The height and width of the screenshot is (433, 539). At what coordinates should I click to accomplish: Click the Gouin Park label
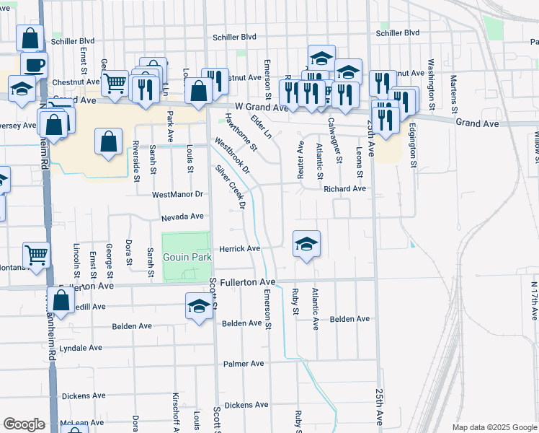coord(185,258)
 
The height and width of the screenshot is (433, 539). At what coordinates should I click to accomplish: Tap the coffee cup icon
coord(34,66)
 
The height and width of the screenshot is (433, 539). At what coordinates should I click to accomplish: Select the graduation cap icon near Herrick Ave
coord(306,244)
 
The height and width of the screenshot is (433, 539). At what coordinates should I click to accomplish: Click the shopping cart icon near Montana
coord(36,254)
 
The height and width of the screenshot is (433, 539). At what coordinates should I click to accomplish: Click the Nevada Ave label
coord(182,216)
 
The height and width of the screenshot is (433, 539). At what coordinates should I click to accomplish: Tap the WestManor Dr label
coord(178,195)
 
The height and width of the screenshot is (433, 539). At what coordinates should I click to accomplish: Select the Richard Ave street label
coord(344,189)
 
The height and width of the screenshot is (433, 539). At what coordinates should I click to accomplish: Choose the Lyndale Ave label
coord(81,348)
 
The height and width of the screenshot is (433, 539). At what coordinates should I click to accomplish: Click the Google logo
coord(24,424)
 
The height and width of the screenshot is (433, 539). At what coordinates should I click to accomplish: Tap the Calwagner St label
coord(334,141)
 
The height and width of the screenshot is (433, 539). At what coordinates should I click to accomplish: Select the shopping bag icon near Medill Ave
coord(61,301)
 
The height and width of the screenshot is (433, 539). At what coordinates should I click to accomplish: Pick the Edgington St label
coord(414,144)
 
